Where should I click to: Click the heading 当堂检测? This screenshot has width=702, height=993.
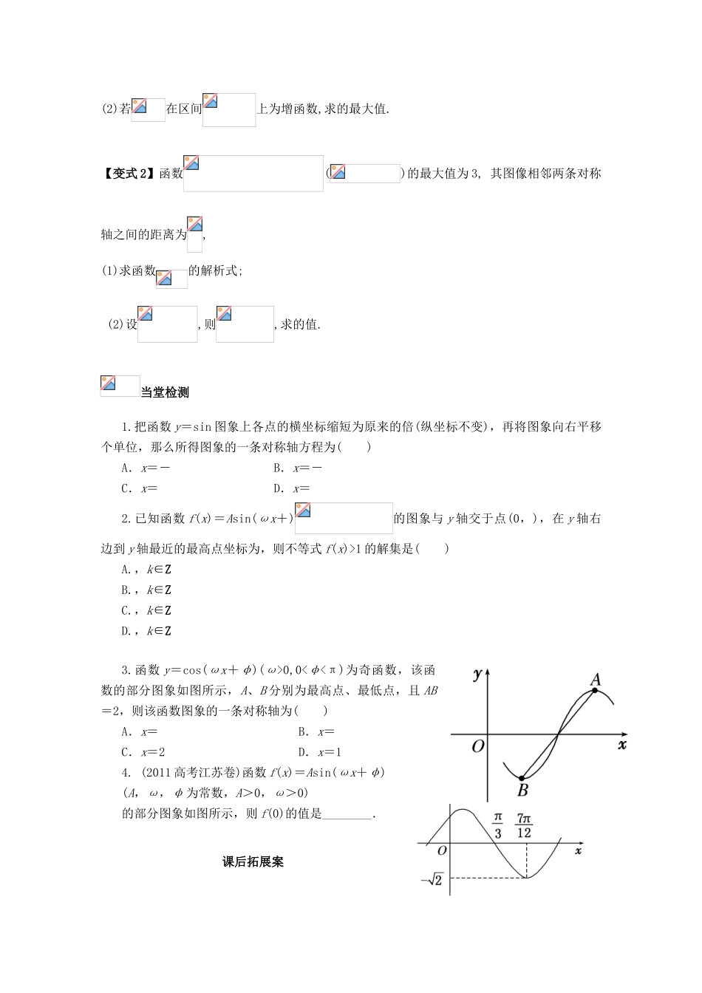(x=165, y=393)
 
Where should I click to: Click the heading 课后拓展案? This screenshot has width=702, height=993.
(x=253, y=861)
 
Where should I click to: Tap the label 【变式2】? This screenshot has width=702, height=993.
(x=130, y=174)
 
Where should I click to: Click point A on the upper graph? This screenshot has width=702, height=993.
(x=595, y=691)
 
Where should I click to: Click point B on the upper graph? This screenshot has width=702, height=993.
(x=521, y=778)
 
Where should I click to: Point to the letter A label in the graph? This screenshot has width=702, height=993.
(x=596, y=679)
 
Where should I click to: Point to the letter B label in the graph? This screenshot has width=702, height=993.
(x=522, y=791)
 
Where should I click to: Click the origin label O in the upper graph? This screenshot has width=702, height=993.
(x=477, y=746)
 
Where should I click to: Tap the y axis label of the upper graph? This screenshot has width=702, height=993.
(x=477, y=673)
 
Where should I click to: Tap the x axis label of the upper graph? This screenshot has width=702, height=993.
(x=621, y=744)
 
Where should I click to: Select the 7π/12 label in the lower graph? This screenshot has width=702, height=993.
(x=525, y=825)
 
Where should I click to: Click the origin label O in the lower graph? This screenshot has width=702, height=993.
(x=442, y=850)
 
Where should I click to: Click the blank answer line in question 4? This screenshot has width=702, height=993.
(x=349, y=814)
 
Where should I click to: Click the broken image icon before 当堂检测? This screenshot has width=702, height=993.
(x=109, y=383)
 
